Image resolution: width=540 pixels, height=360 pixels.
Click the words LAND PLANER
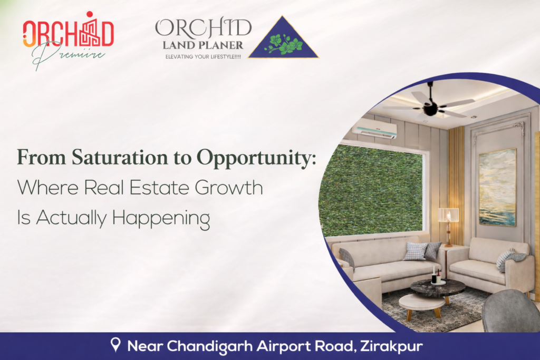point(202,46)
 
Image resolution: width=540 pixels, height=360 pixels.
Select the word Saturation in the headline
point(109,158)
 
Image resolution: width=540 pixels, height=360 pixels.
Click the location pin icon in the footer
point(115,346)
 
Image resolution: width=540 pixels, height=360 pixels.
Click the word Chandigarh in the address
point(218,346)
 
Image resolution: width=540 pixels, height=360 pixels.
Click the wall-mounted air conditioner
point(374,128)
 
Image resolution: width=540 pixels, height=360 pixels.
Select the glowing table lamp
point(448,216)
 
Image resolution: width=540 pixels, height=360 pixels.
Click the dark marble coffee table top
point(438,288)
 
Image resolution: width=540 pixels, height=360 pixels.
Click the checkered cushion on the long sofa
point(415,251)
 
